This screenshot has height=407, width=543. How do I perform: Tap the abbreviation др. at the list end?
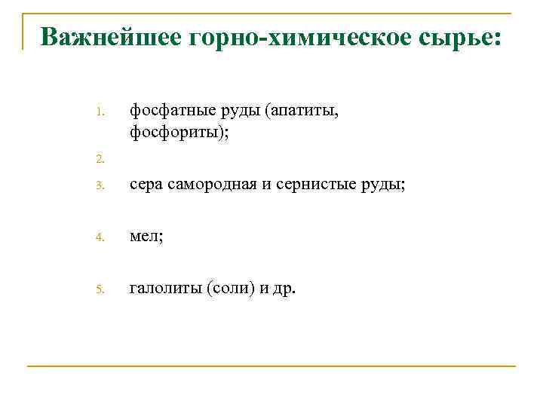coord(285,289)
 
